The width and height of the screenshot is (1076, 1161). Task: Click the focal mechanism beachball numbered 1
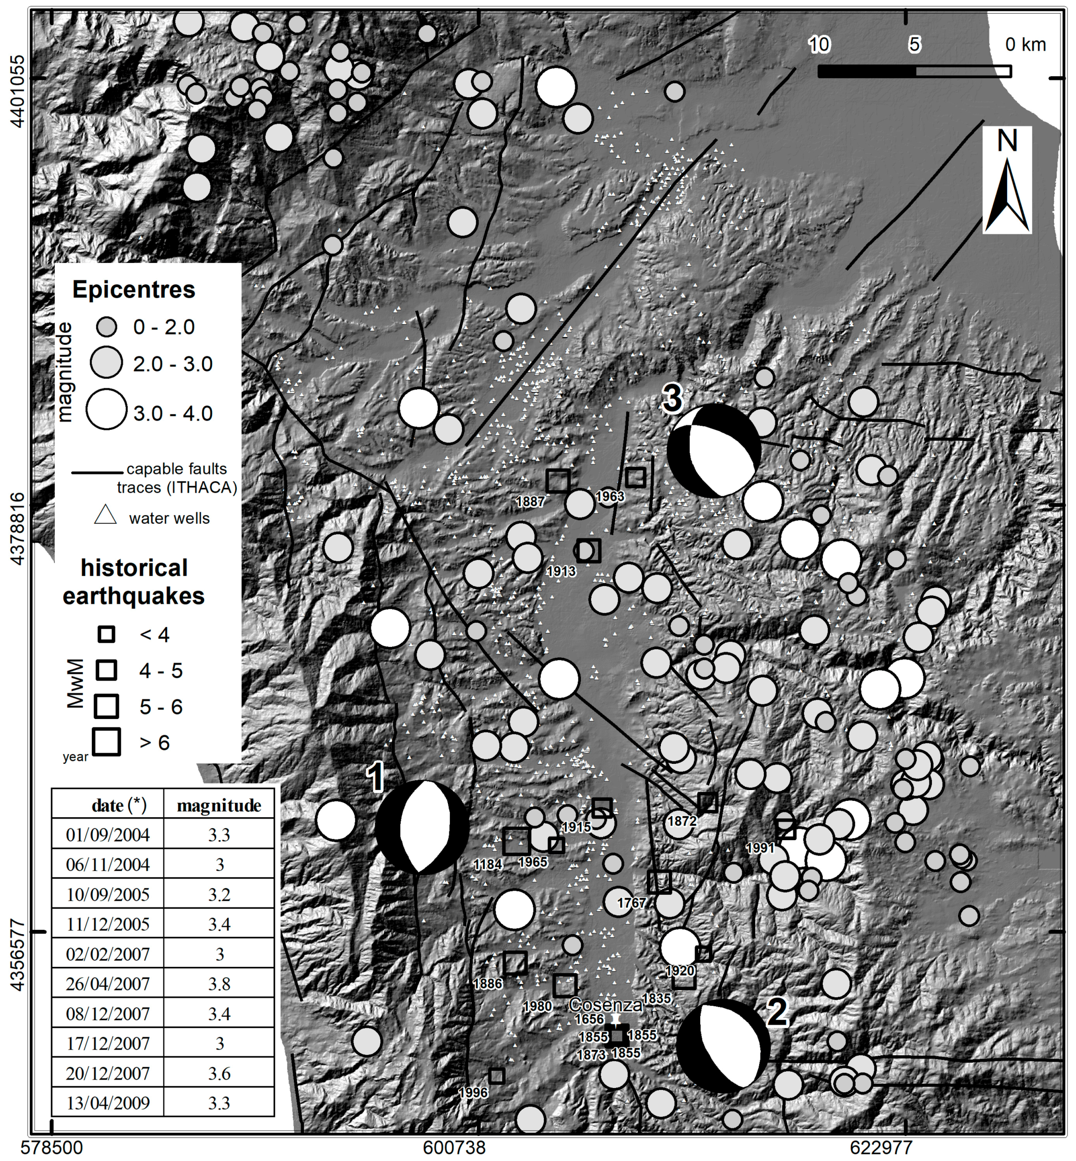[422, 827]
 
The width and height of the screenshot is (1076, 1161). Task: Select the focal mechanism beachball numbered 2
[723, 1046]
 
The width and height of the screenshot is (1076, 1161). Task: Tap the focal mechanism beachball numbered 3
[714, 450]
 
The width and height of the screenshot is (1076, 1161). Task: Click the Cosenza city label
[606, 1004]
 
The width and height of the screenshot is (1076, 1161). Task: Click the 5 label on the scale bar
[915, 44]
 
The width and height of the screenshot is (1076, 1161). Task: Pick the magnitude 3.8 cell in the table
[219, 984]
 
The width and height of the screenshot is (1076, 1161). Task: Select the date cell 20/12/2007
[108, 1073]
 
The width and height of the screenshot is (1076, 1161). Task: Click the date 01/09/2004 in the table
[108, 835]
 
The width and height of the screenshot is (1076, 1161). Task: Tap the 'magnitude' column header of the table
[219, 805]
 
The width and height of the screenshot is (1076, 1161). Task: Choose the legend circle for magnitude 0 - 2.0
[106, 327]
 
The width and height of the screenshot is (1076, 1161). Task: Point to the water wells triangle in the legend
[106, 515]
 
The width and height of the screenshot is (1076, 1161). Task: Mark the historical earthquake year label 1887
[530, 501]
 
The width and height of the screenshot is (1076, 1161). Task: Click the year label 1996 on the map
[473, 1092]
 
